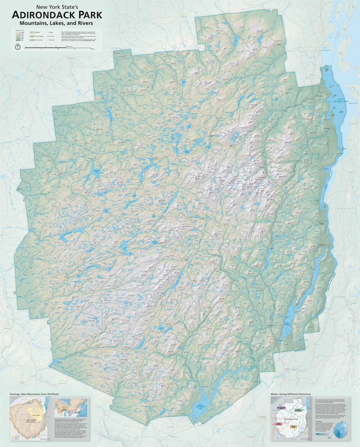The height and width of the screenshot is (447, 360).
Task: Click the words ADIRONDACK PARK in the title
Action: (57, 15)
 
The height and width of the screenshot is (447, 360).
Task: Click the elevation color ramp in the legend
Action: (18, 36)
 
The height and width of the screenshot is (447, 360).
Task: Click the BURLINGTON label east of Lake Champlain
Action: (354, 103)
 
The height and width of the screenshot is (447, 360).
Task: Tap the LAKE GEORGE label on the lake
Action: (286, 324)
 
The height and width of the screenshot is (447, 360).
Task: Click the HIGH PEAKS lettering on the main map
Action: (253, 172)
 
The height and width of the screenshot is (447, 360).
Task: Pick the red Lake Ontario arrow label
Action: (279, 424)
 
